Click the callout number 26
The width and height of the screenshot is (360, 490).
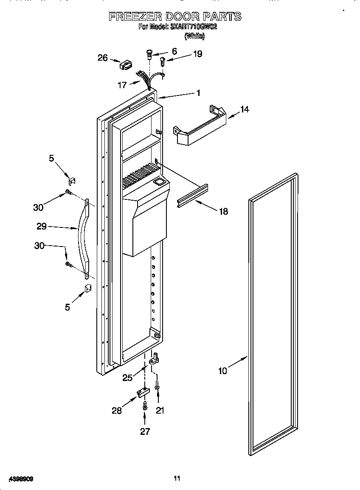pos(103,58)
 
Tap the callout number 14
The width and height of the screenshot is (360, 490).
pos(245,109)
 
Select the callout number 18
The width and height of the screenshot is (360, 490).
pos(223,211)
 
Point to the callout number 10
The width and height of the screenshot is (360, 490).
pos(222,371)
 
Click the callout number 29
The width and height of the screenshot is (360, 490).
pos(41,227)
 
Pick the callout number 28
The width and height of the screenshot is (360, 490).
pos(117,410)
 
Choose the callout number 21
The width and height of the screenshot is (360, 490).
pos(160,410)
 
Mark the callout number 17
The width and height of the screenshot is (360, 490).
pos(122,85)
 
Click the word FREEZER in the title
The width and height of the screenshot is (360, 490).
pos(134,17)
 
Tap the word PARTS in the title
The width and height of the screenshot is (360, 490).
pos(222,17)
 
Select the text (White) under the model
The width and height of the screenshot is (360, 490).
pos(194,36)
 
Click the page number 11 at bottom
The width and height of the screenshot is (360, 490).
pos(177,479)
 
